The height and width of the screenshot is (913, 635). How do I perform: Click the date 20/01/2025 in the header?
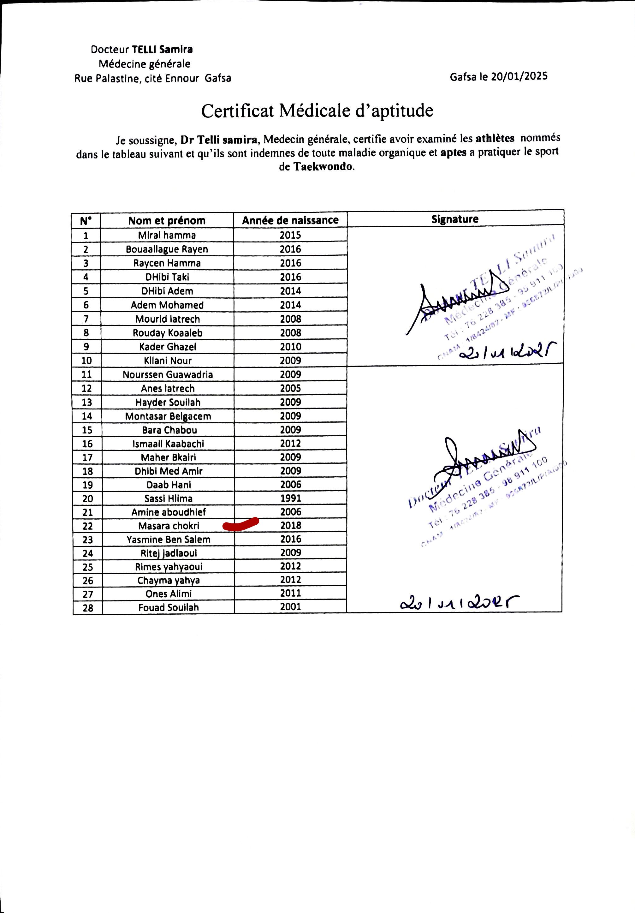519,76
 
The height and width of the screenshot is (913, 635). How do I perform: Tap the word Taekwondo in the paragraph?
323,167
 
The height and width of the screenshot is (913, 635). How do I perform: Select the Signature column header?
455,219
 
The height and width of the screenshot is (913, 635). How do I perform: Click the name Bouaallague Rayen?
167,249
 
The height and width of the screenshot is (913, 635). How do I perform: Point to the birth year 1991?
291,498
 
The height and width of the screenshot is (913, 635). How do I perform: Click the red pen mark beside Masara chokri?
240,524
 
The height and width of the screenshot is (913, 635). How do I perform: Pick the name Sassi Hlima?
169,499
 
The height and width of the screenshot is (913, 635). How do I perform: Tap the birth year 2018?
291,526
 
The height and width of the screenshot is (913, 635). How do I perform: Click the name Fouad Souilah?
169,608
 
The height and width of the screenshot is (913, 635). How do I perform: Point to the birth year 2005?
291,388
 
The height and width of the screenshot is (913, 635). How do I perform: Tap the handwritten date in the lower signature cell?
459,603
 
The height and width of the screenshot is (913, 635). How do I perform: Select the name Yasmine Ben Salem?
169,540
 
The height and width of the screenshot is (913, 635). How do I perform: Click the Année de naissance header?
290,220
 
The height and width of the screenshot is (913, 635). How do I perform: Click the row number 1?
86,236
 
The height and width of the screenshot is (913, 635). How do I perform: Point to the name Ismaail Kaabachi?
168,444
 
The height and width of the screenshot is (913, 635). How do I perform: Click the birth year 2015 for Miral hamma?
290,235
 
